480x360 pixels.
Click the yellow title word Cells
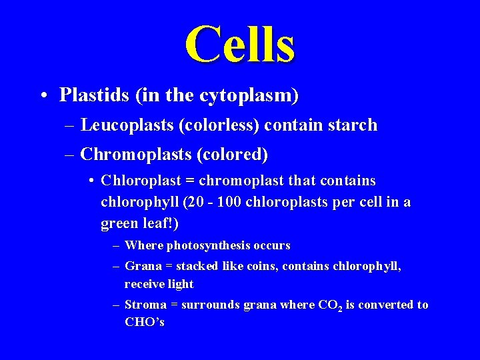point(240,43)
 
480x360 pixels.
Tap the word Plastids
point(94,95)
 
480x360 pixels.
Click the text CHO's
point(144,323)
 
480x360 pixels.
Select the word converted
point(386,305)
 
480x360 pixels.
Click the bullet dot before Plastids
point(43,96)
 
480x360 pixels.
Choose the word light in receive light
point(179,284)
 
